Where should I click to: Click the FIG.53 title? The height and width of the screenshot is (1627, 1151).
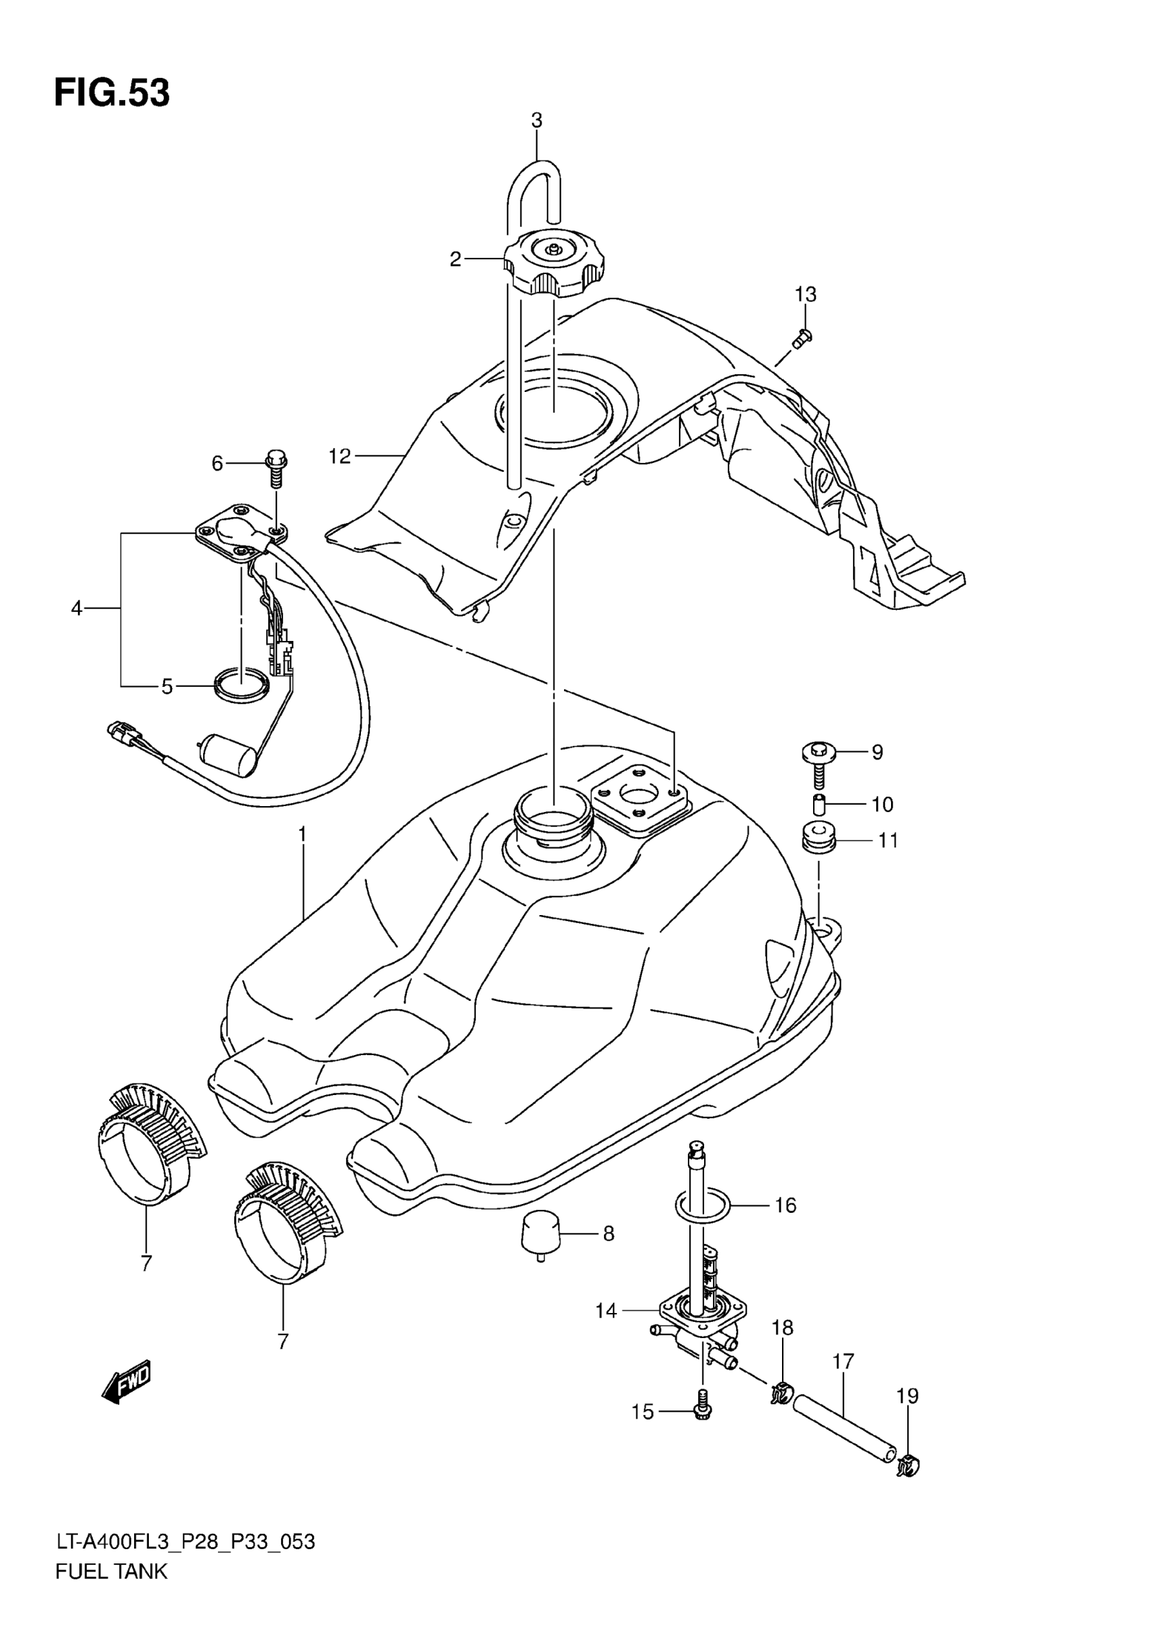click(112, 93)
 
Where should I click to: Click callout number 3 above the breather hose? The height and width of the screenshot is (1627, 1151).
click(536, 120)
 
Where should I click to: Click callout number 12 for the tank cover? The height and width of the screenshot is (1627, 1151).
click(339, 456)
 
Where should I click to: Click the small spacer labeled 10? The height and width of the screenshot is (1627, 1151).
click(820, 805)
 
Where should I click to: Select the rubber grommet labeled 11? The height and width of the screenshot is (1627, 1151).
click(819, 839)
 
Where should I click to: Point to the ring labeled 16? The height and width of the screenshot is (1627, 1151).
click(702, 1205)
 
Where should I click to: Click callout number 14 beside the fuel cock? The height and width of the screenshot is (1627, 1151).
click(606, 1312)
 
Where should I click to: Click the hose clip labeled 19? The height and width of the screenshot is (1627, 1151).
click(907, 1464)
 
